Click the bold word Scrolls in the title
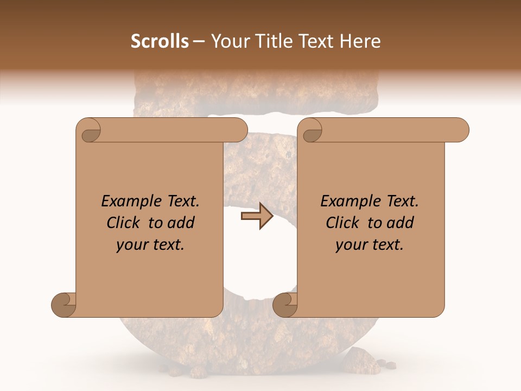click(x=160, y=41)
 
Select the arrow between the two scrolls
click(x=257, y=216)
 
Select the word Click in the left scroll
click(x=124, y=223)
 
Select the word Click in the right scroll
click(x=344, y=223)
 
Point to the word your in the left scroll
click(x=132, y=245)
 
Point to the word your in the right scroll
click(x=351, y=245)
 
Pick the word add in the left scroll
click(x=182, y=223)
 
